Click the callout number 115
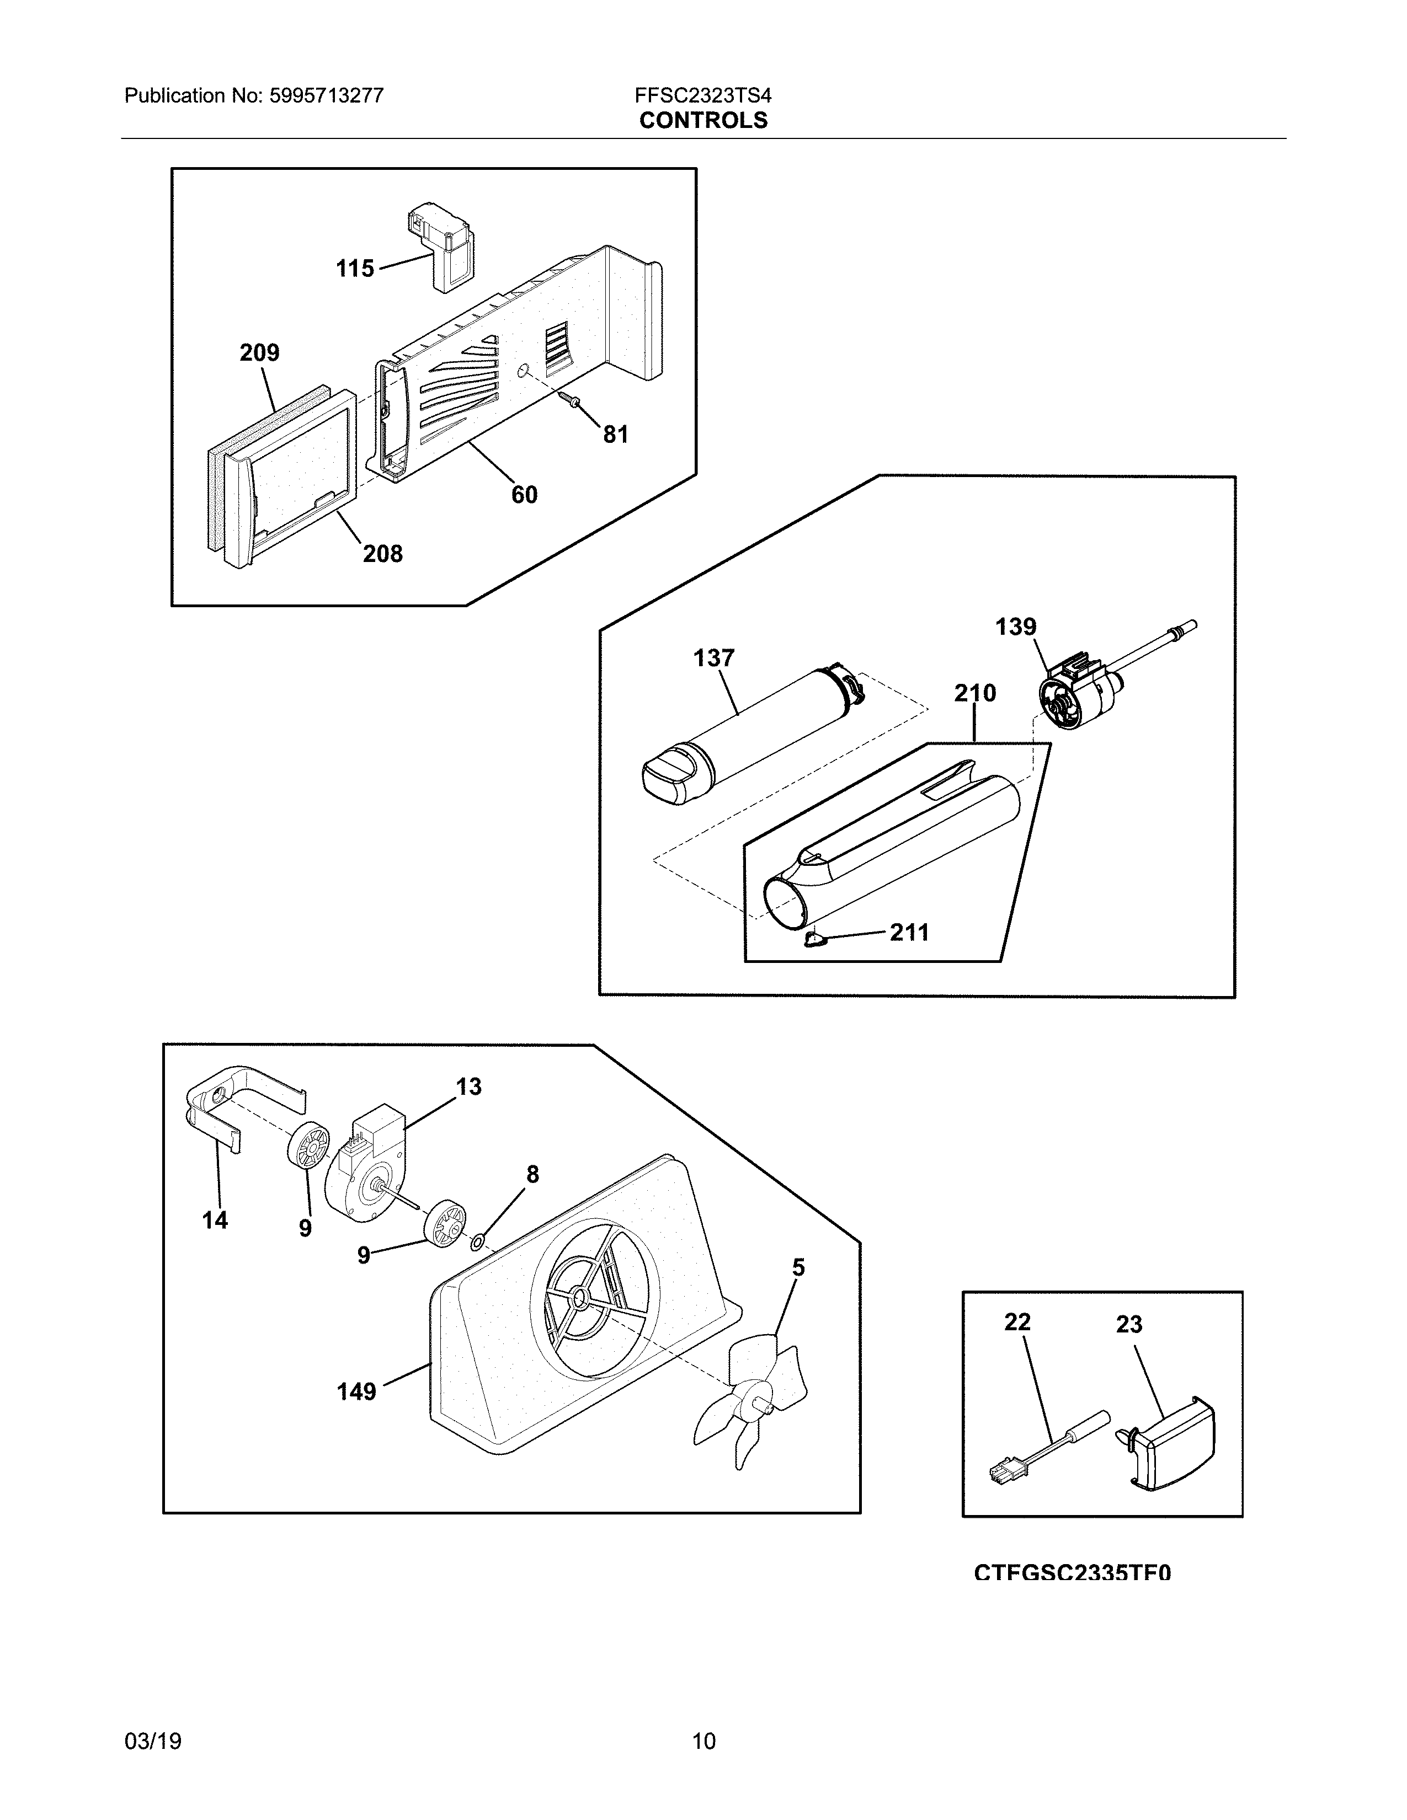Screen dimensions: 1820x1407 [355, 269]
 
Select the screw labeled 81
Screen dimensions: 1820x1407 [570, 402]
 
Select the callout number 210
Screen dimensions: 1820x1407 [974, 693]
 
